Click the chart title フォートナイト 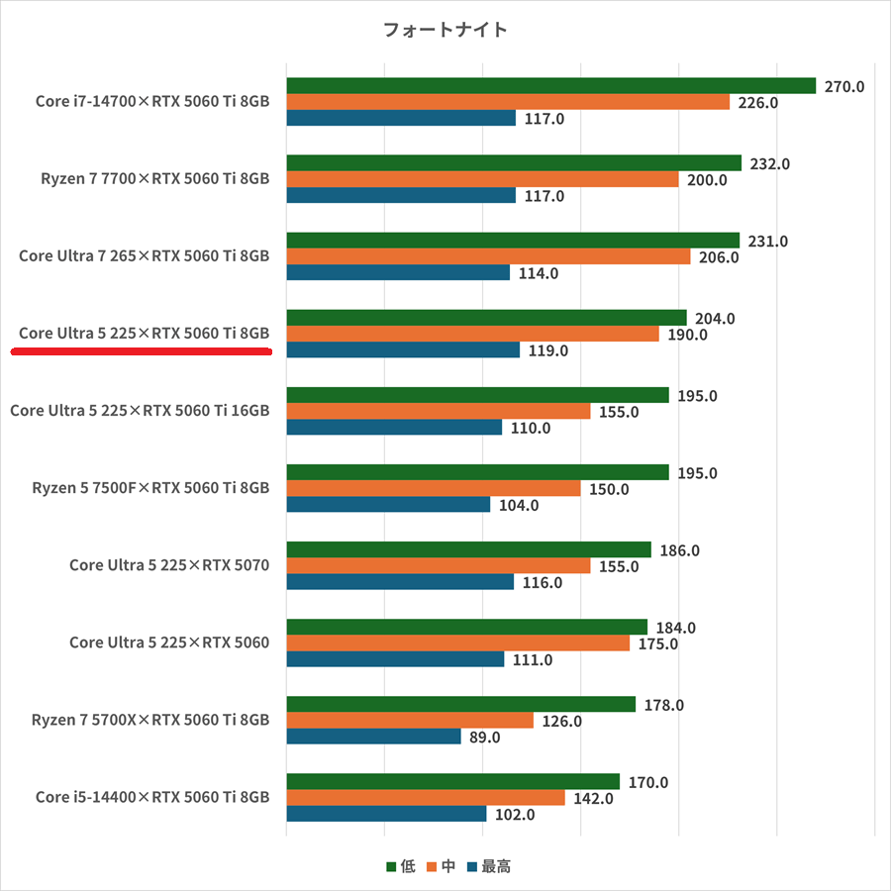[x=445, y=30]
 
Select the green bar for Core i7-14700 [x=550, y=86]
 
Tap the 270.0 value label [x=844, y=86]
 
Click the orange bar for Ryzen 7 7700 [x=482, y=179]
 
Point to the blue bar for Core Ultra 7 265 [x=398, y=272]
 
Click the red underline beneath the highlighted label [x=142, y=350]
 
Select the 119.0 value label [x=547, y=350]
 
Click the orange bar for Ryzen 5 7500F [x=434, y=489]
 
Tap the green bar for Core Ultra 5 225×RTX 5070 [x=468, y=550]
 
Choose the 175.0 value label [x=658, y=643]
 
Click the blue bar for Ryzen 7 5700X [x=373, y=737]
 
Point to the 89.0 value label [x=484, y=737]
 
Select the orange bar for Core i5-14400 [x=426, y=798]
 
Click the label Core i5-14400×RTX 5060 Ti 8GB [x=152, y=797]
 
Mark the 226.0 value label [x=758, y=102]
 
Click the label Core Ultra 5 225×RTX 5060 [x=169, y=643]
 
